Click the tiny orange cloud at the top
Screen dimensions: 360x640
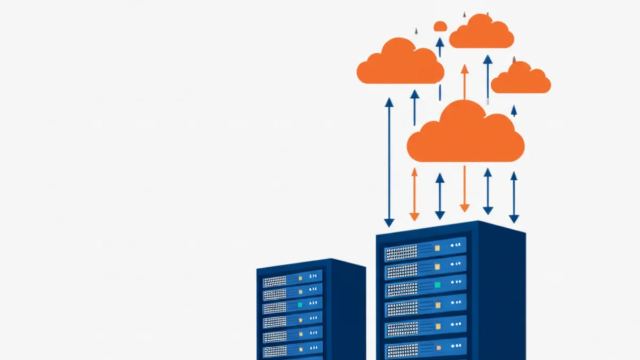click(x=440, y=26)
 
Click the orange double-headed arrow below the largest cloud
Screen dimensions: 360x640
click(x=414, y=194)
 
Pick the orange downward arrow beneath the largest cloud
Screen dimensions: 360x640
click(x=465, y=189)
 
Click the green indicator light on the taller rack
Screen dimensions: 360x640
click(x=437, y=285)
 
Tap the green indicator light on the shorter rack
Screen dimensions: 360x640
click(x=300, y=305)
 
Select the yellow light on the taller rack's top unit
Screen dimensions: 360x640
click(x=437, y=247)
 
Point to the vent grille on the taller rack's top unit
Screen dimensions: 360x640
click(x=401, y=252)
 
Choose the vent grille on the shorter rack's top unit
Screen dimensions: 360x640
click(x=275, y=281)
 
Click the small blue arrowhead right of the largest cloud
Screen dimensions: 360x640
click(x=514, y=111)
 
